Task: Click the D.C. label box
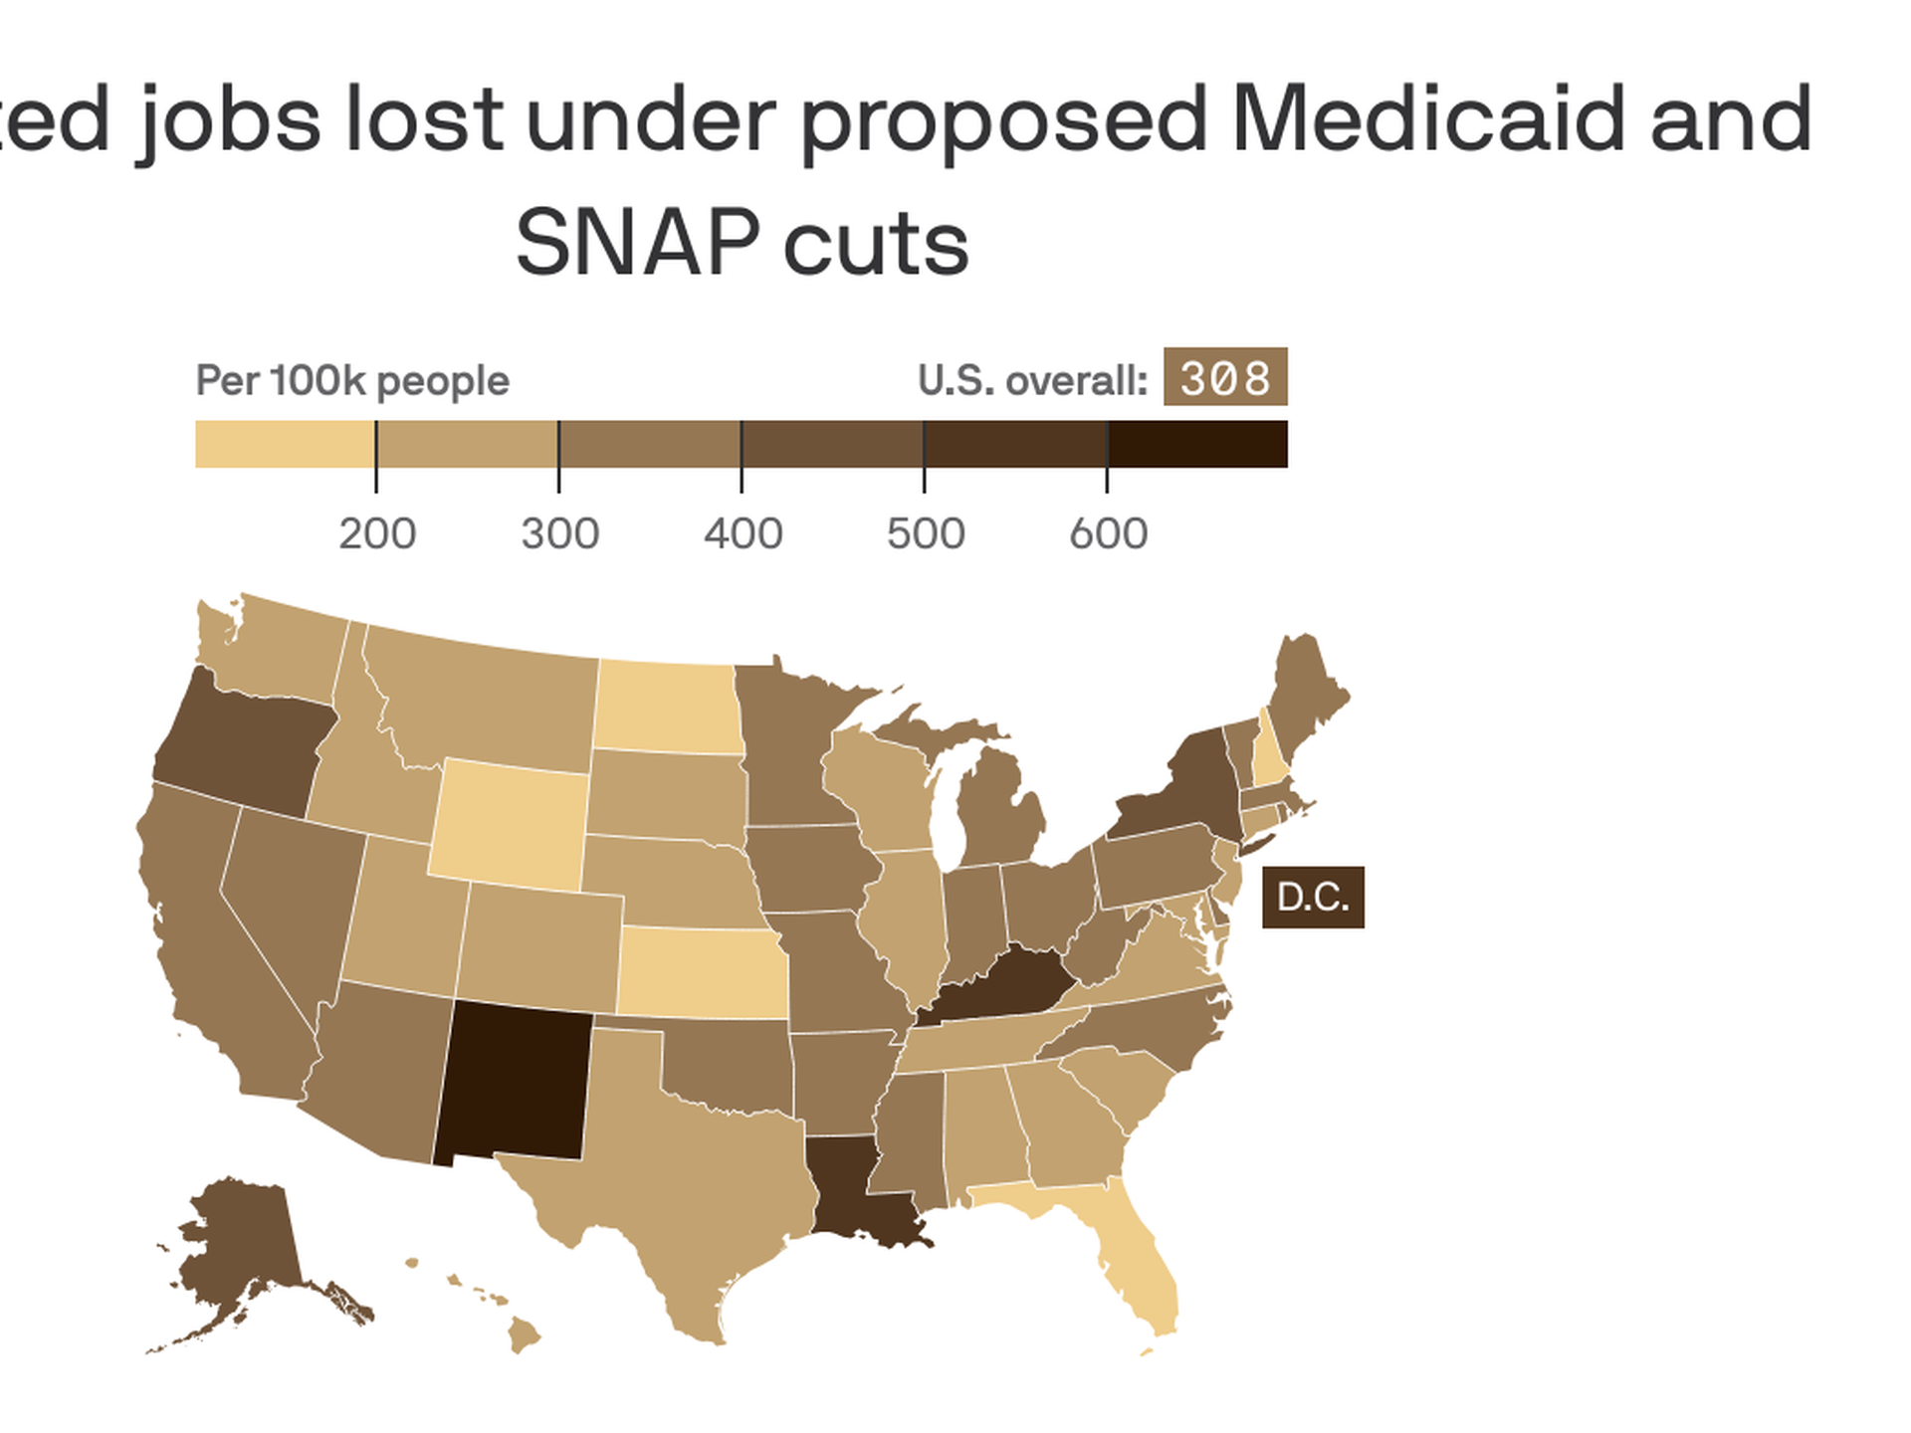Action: click(x=1312, y=898)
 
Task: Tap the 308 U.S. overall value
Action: click(x=1225, y=377)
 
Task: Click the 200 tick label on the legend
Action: click(x=377, y=534)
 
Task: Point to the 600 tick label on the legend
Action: click(x=1108, y=534)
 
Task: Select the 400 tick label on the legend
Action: click(x=743, y=534)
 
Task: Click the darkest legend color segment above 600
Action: click(x=1196, y=444)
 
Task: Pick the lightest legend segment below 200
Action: click(x=285, y=444)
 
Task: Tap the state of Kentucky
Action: click(x=1005, y=985)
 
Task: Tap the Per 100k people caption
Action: click(x=352, y=381)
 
